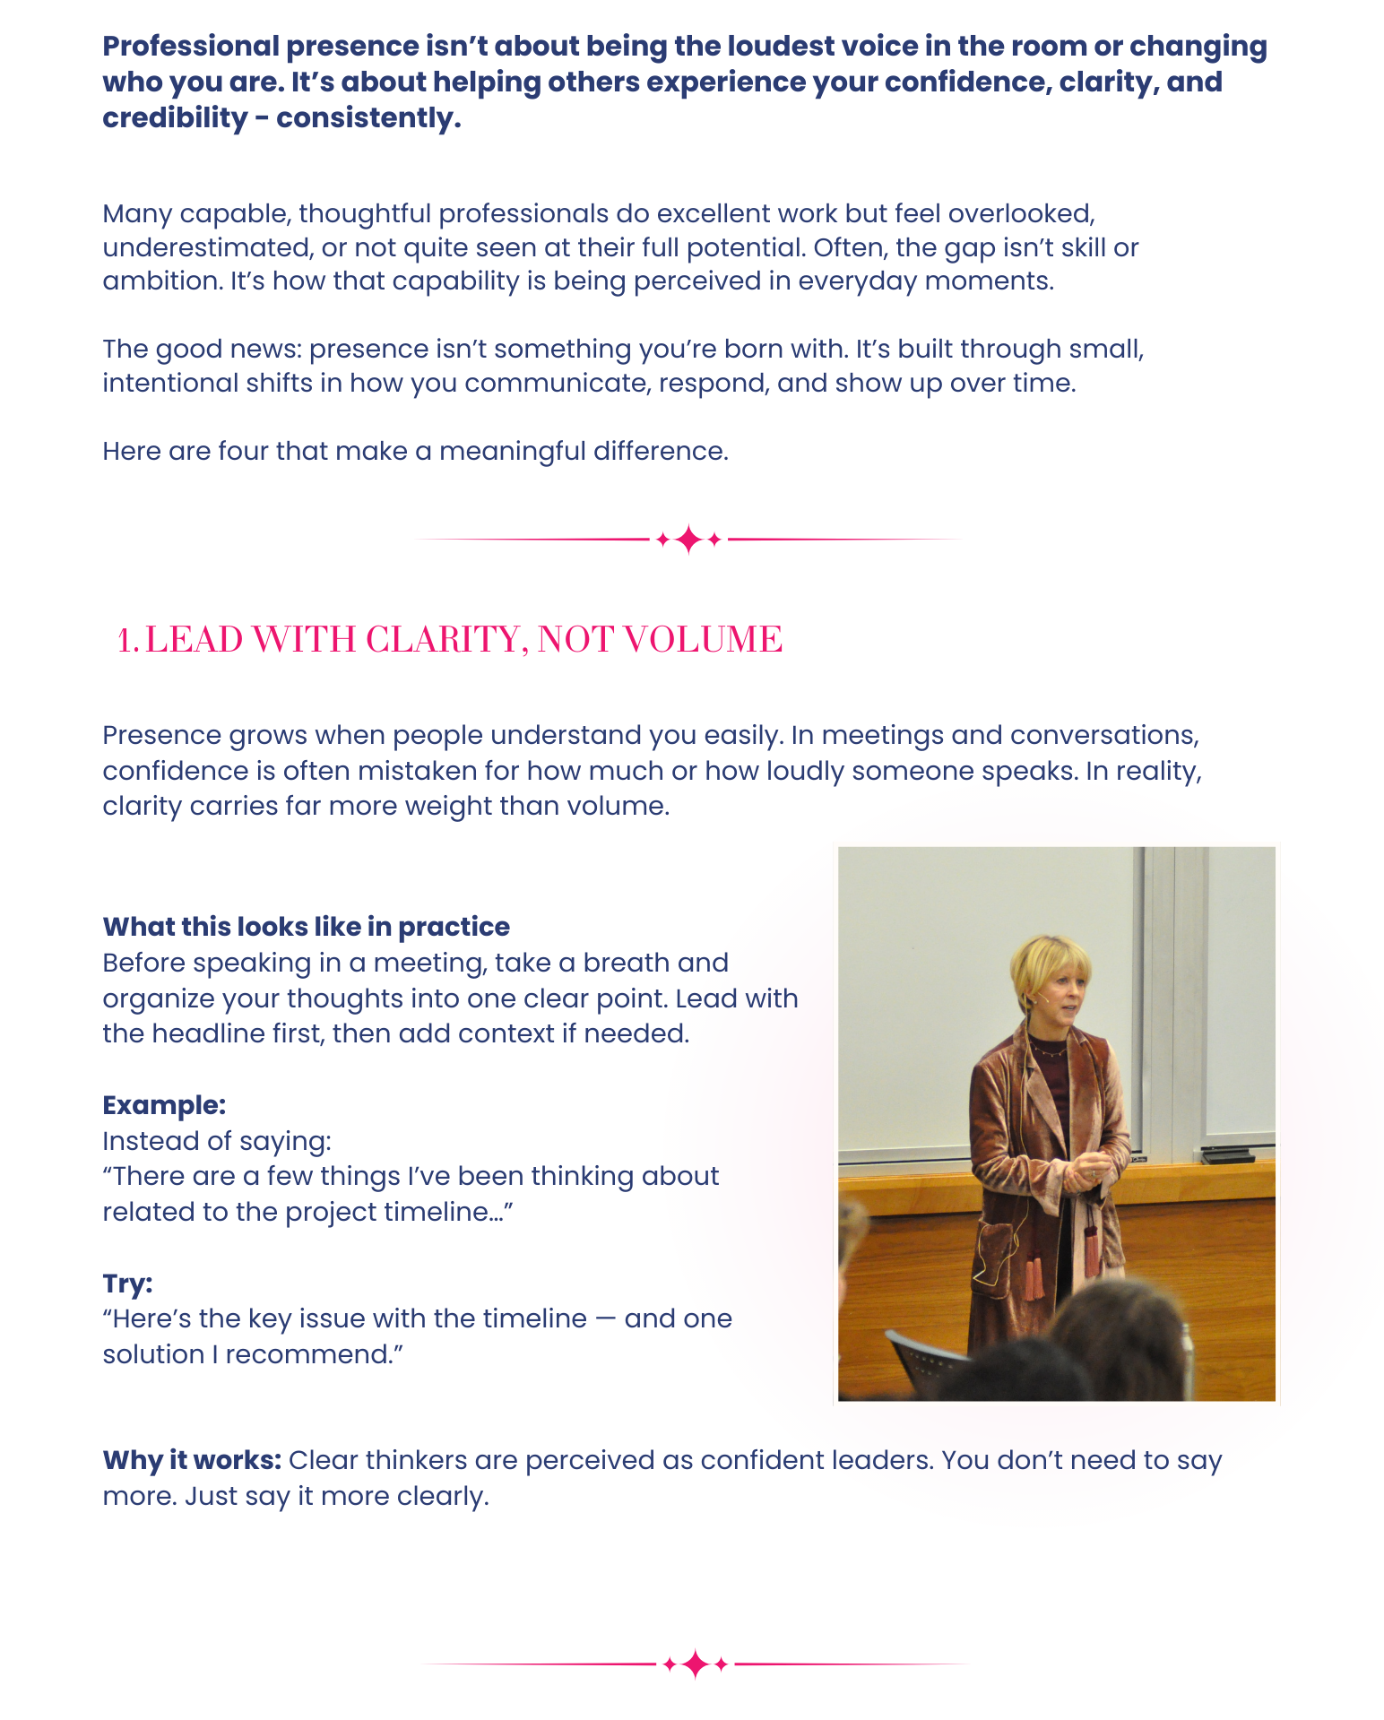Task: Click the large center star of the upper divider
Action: (x=688, y=540)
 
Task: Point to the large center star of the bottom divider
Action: (x=696, y=1664)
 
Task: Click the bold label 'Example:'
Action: (x=164, y=1105)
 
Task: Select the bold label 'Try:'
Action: (x=127, y=1284)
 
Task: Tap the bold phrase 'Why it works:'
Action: (x=192, y=1461)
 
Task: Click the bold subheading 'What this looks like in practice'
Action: (x=306, y=927)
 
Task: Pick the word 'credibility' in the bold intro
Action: (x=175, y=118)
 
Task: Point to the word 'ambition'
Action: (x=161, y=281)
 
